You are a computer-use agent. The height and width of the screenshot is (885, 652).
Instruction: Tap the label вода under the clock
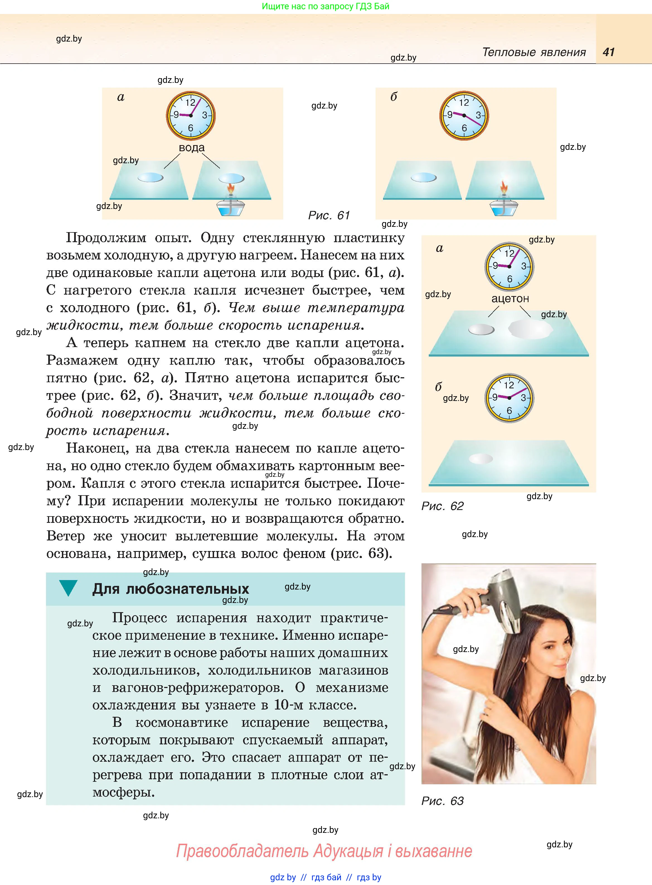(x=192, y=148)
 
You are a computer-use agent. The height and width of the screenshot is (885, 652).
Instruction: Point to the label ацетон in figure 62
(x=510, y=299)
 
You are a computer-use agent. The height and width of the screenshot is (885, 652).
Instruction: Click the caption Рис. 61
(x=329, y=215)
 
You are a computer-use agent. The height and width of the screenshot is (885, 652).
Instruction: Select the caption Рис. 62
(x=442, y=506)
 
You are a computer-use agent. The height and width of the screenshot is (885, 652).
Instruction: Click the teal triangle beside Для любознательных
(x=68, y=588)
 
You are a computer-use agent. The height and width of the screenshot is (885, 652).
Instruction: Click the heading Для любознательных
(x=171, y=589)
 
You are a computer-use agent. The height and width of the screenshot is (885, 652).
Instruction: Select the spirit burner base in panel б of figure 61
(x=503, y=208)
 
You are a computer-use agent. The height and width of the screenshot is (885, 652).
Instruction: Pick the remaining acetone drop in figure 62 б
(x=481, y=458)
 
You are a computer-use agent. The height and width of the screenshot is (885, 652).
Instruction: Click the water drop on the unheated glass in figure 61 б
(x=423, y=178)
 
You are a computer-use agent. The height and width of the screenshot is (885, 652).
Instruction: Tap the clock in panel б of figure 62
(x=509, y=398)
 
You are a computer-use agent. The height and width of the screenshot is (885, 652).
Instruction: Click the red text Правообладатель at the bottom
(x=242, y=851)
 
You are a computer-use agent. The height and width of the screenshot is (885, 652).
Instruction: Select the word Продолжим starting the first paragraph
(x=106, y=238)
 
